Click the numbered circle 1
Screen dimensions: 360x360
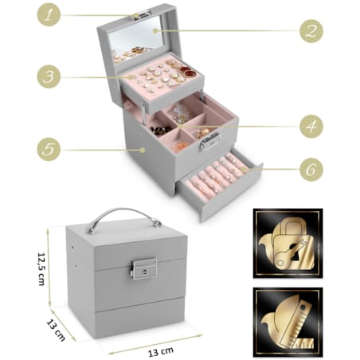tap(49, 14)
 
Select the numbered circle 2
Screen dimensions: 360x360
tap(311, 31)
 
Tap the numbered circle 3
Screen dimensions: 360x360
tap(49, 76)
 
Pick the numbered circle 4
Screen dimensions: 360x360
tap(311, 127)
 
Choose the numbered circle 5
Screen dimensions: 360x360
tap(49, 149)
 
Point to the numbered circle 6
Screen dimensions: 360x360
tap(311, 170)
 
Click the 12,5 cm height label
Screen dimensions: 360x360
tap(41, 268)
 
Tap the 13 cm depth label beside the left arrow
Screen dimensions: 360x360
tap(56, 330)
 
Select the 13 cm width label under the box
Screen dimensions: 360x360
tap(161, 352)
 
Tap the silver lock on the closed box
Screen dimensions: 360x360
tap(144, 268)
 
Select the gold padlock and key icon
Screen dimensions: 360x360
tap(288, 243)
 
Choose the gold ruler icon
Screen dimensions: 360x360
tap(288, 322)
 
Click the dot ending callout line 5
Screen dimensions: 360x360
tap(143, 150)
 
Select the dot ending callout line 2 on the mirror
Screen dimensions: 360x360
tap(155, 31)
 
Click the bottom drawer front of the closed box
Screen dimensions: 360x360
tap(139, 318)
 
